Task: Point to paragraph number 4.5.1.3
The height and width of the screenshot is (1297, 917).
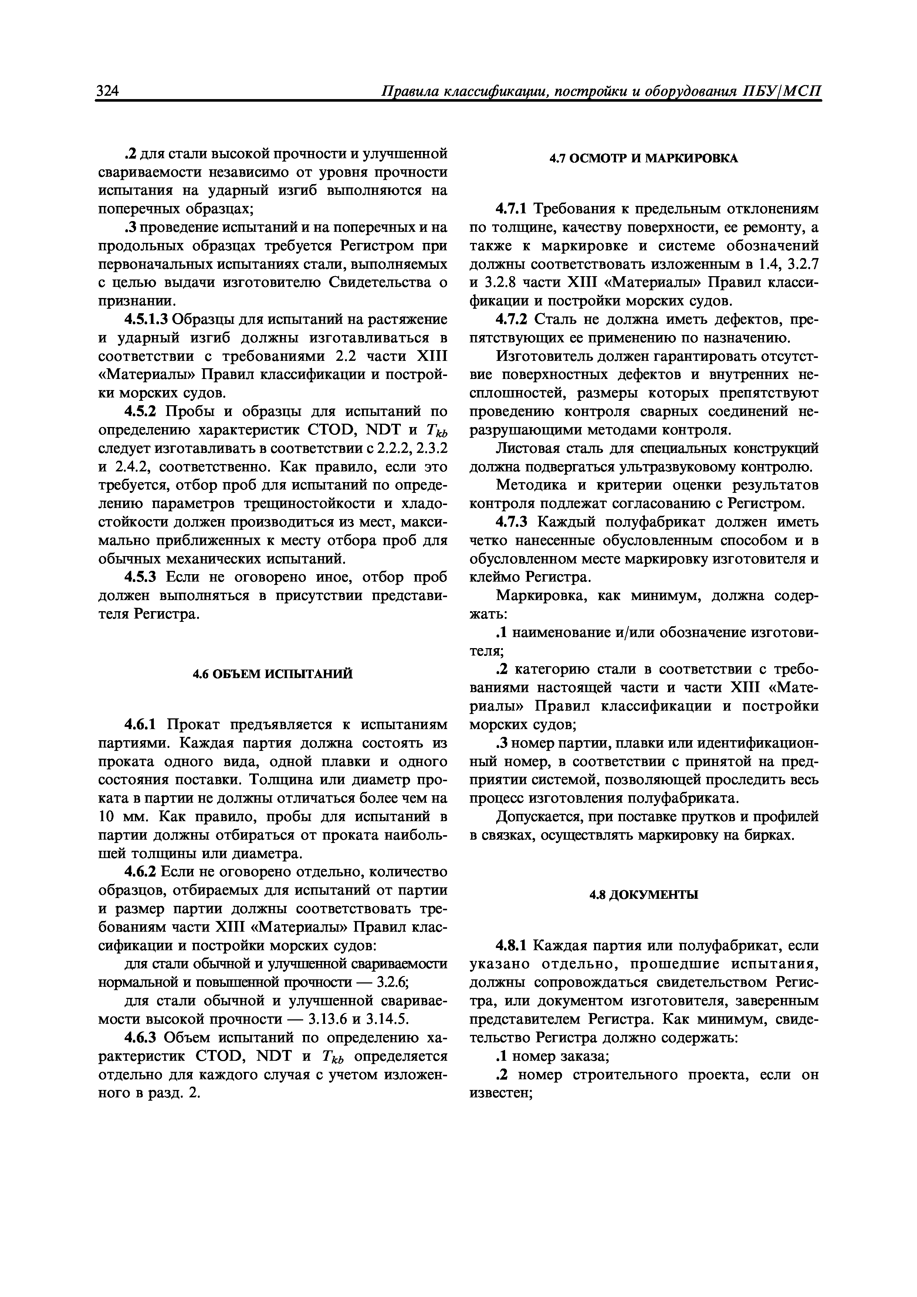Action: coord(146,320)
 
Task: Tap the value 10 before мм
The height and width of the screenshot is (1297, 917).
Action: coord(107,817)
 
